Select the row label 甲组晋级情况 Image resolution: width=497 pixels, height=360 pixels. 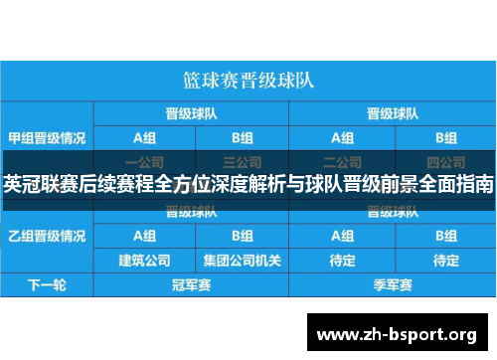[46, 137]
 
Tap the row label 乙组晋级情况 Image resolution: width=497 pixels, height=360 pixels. [46, 236]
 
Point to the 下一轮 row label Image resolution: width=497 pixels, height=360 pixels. [46, 285]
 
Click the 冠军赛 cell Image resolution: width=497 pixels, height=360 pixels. [192, 285]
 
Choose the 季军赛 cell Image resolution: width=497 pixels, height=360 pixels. [392, 285]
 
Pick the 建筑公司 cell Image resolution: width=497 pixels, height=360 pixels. [144, 261]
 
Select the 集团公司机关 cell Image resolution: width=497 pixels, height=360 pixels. [243, 261]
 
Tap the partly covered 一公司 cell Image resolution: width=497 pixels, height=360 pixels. [144, 159]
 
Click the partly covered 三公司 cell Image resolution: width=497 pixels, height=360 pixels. [243, 159]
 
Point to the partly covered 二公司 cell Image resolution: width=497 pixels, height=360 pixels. [343, 159]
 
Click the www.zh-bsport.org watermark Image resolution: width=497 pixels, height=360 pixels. [396, 333]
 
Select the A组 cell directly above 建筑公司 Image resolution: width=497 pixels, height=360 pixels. [144, 237]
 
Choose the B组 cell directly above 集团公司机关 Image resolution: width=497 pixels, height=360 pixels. [243, 237]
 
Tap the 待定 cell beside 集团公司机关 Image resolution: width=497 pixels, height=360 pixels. [343, 261]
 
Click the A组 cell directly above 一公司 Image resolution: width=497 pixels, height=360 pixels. [144, 137]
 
